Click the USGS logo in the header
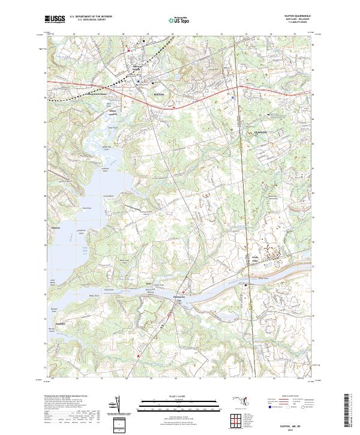(x=56, y=20)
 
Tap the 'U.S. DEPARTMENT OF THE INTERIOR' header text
(x=90, y=17)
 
